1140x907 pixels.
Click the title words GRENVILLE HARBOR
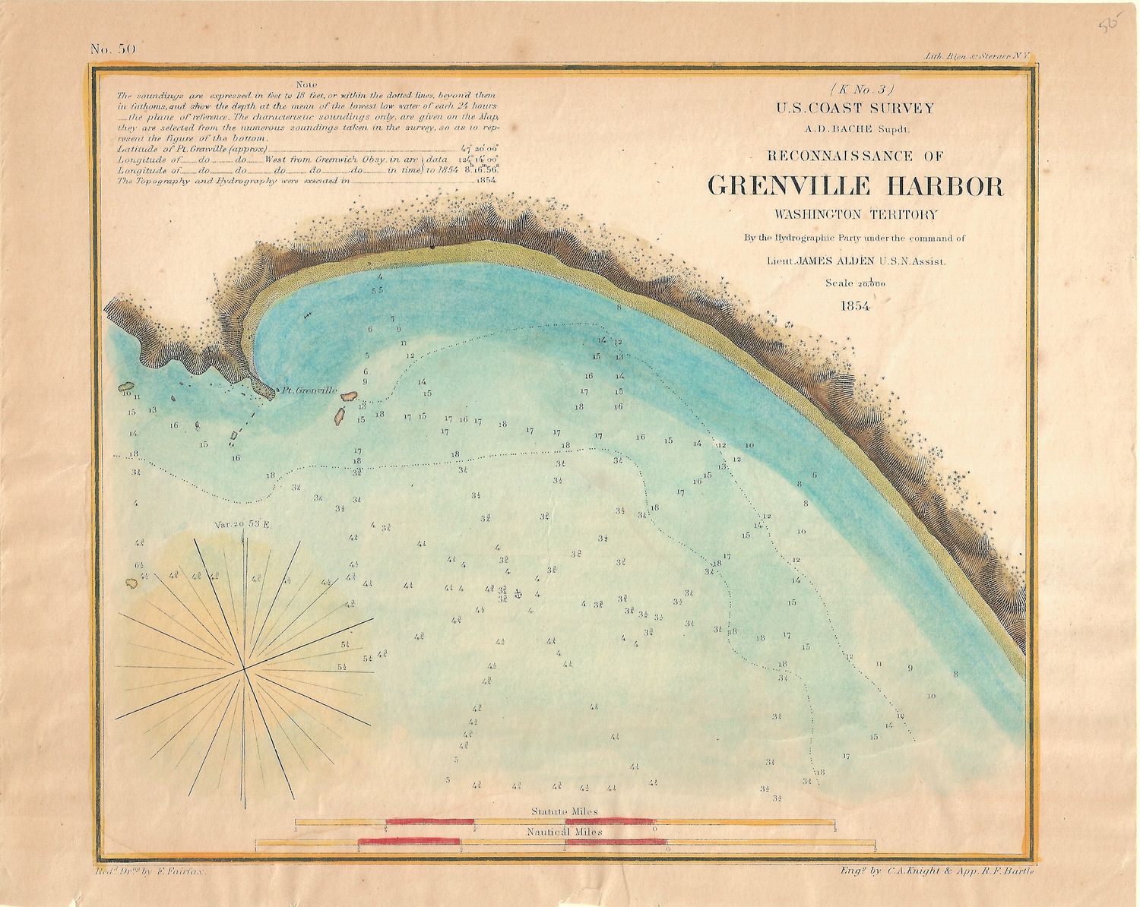tap(855, 187)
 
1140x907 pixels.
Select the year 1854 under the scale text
tap(855, 306)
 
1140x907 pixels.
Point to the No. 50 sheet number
tap(113, 49)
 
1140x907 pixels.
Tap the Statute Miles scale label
tap(564, 811)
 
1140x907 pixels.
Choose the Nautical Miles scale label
tap(564, 832)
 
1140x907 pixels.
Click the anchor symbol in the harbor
tap(518, 593)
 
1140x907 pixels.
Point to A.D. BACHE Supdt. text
tap(855, 128)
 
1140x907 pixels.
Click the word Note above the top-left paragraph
tap(309, 85)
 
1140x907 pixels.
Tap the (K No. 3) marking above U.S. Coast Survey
tap(856, 89)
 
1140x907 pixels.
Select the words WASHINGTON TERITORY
tap(855, 215)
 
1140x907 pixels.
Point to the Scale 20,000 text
tap(855, 283)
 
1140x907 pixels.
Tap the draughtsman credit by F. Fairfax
tap(156, 875)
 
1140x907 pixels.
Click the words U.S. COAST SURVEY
tap(855, 109)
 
